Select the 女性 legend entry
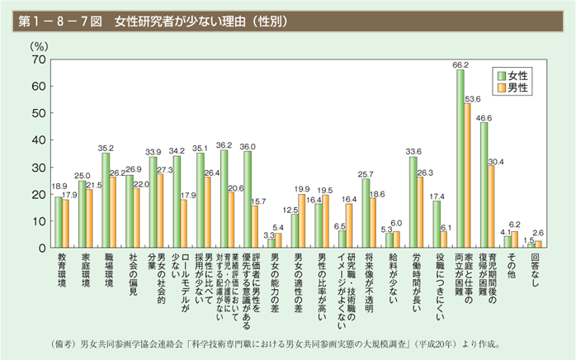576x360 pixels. tap(517, 75)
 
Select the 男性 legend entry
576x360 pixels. tap(517, 88)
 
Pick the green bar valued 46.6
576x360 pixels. tap(484, 185)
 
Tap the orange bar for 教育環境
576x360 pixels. tap(66, 223)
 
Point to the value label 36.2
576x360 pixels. tap(224, 144)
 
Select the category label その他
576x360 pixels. tap(510, 268)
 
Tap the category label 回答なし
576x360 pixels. tap(534, 272)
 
